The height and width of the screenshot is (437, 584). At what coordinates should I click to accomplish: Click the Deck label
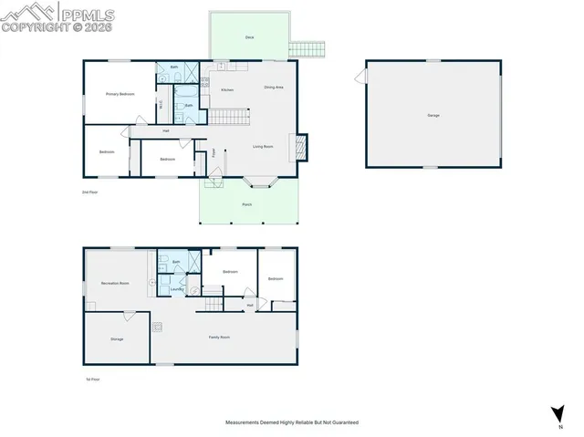click(x=249, y=37)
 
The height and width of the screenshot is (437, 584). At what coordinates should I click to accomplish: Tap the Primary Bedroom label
click(x=120, y=94)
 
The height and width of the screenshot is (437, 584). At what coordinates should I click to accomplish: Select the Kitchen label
click(x=227, y=89)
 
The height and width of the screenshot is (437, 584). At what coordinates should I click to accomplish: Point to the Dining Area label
click(x=274, y=88)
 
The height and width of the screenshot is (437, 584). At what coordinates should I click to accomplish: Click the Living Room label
click(x=265, y=146)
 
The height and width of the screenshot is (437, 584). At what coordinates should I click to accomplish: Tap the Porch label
click(x=246, y=204)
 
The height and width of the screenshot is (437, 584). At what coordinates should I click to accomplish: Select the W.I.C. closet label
click(x=161, y=104)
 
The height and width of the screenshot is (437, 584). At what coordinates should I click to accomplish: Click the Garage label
click(x=433, y=115)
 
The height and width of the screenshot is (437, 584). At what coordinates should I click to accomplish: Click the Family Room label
click(x=219, y=338)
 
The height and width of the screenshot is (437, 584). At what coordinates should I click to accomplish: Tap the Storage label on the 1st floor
click(x=117, y=338)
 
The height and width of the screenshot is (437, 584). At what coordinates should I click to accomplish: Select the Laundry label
click(x=177, y=290)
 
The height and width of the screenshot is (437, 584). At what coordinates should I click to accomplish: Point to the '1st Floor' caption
click(x=92, y=379)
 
